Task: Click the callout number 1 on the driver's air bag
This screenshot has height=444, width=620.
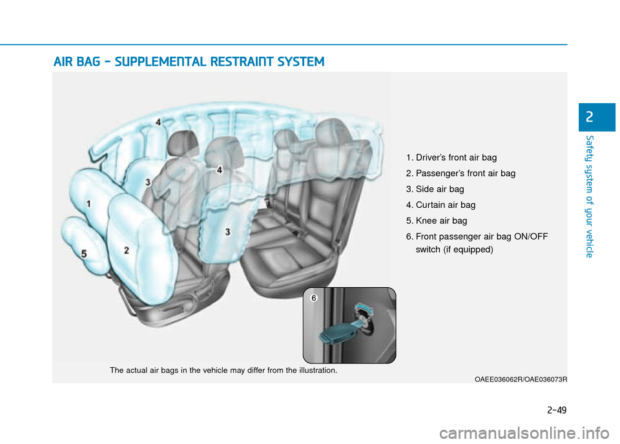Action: click(88, 204)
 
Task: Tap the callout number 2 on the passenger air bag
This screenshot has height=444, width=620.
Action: click(127, 250)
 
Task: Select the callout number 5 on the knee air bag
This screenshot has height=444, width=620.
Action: click(84, 254)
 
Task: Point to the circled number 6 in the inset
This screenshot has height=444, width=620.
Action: click(314, 298)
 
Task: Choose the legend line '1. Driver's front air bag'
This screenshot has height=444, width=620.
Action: click(451, 157)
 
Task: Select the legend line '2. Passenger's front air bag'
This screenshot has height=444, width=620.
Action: click(460, 174)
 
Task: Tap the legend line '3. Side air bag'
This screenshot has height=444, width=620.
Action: click(435, 189)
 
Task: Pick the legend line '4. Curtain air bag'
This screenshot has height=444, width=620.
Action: click(440, 205)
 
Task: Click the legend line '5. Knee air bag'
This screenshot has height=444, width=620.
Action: click(437, 221)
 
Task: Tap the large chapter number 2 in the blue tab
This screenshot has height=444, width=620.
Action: click(590, 117)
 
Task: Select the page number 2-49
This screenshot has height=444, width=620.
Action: click(557, 410)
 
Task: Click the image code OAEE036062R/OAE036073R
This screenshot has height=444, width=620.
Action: click(521, 379)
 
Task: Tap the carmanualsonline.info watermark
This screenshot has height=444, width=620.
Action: click(524, 433)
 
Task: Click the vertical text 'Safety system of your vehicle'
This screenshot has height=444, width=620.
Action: click(590, 196)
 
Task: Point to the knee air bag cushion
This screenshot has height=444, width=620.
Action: click(85, 245)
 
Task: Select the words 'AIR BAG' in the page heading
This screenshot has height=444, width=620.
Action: click(77, 62)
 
